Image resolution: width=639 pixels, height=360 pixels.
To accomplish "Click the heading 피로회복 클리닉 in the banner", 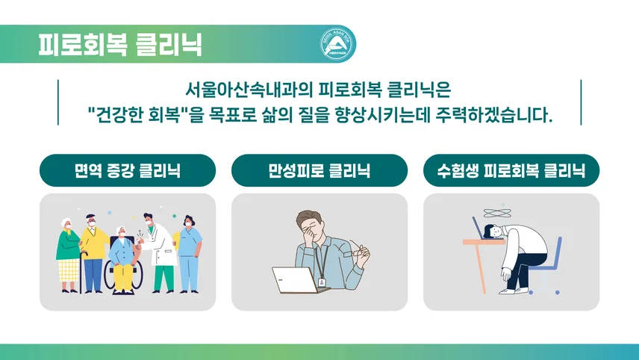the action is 120,44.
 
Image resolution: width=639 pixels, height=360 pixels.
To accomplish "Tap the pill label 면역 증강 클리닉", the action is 128,170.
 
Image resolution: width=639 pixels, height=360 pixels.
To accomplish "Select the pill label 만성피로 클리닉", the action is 319,170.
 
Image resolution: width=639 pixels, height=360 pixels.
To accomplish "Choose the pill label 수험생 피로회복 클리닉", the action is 511,170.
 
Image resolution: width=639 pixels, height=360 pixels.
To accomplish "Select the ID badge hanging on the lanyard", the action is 322,282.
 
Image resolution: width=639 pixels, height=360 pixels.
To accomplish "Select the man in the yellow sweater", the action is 93,252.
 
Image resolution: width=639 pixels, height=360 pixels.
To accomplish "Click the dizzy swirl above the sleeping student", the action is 496,213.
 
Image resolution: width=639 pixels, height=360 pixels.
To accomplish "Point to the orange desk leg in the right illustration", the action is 480,269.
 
